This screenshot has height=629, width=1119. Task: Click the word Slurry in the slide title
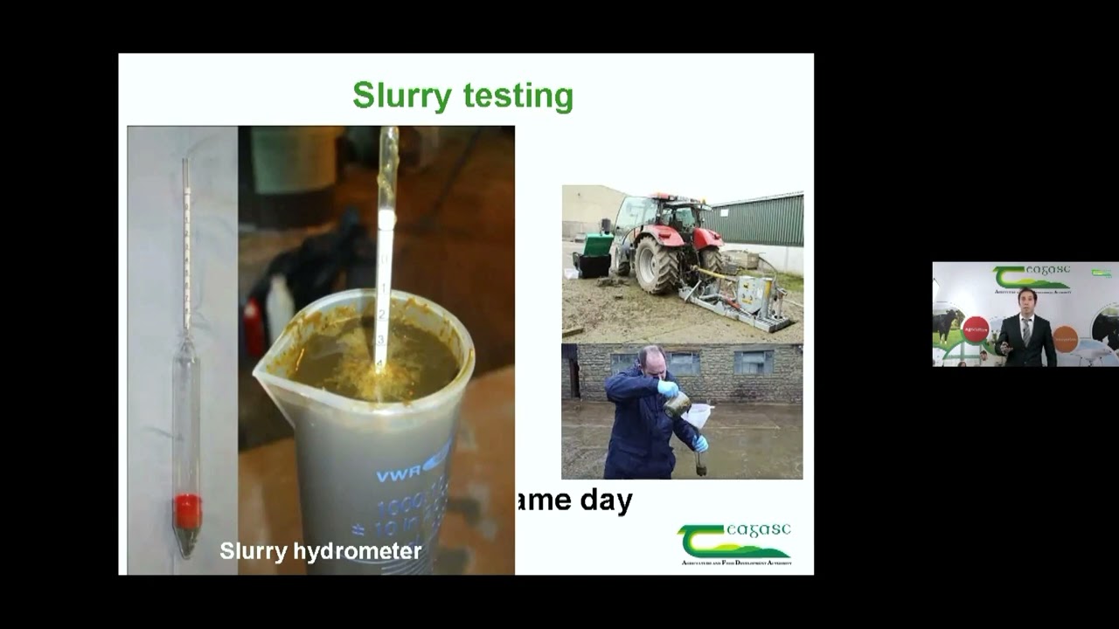(400, 95)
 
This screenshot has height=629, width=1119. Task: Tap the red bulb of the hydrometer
(188, 511)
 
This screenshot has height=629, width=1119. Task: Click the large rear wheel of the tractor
(656, 265)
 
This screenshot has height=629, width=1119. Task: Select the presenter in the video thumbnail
(1026, 328)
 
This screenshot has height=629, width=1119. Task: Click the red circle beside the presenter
(975, 329)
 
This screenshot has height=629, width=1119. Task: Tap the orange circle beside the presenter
(1065, 338)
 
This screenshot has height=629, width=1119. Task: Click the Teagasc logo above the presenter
(1032, 277)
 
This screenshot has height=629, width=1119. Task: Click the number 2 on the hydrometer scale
(382, 314)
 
